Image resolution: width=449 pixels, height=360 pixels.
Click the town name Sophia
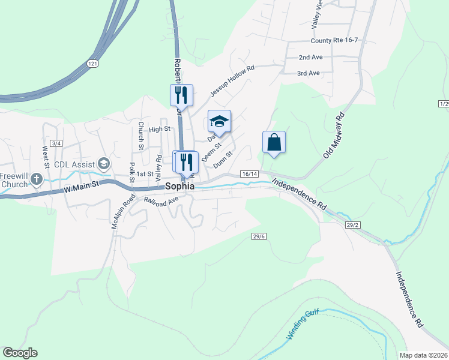click(x=180, y=187)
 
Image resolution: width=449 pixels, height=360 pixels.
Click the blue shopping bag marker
click(x=274, y=143)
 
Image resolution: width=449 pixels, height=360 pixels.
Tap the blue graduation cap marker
click(x=219, y=122)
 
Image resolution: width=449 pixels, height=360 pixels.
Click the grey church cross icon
click(x=36, y=179)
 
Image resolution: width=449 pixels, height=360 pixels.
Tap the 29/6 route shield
click(x=259, y=236)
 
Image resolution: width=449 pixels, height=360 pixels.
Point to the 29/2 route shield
click(x=352, y=224)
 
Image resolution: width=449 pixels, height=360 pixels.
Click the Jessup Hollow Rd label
click(x=232, y=81)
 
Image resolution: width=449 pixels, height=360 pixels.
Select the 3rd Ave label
click(x=309, y=73)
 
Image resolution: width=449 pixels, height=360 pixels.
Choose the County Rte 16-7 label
click(x=334, y=41)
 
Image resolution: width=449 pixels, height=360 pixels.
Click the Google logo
click(x=20, y=353)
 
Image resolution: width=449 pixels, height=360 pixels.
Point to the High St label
click(x=160, y=129)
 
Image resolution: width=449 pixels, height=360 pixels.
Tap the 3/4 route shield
click(x=56, y=143)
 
